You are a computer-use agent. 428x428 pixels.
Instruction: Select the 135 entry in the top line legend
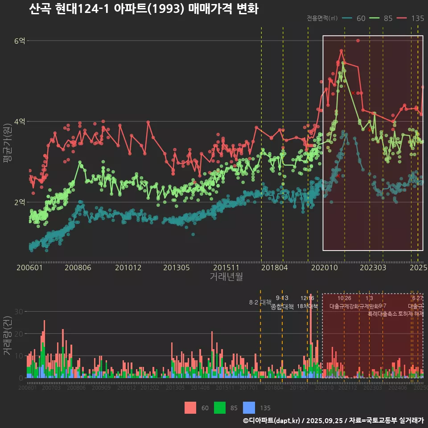[418, 18]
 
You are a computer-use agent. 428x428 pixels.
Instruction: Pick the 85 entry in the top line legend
[388, 18]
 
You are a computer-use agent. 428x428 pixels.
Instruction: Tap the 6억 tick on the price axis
[20, 41]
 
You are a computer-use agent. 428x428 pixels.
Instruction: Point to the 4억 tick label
[20, 121]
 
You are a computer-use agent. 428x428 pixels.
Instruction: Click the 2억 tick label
[20, 202]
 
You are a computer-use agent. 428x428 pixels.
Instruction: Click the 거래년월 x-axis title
[226, 276]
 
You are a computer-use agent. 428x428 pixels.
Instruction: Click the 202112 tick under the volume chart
[347, 388]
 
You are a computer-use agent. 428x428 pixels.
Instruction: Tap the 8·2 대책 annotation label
[260, 302]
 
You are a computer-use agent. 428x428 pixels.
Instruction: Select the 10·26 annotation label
[344, 298]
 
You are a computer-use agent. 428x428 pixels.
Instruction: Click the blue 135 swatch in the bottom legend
[249, 407]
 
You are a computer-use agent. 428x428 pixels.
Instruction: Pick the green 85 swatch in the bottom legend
[220, 407]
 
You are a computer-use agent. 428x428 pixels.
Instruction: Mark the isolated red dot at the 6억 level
[358, 41]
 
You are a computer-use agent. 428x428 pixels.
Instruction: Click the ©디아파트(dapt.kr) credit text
[272, 420]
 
